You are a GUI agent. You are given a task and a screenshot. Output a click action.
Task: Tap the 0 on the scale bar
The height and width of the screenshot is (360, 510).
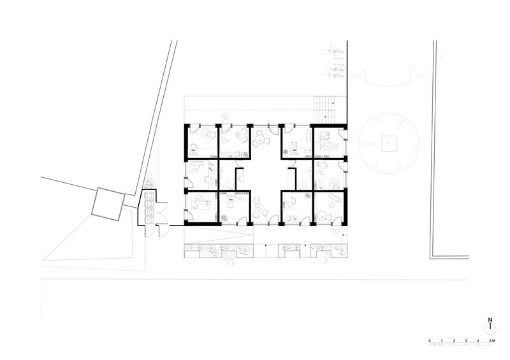point(429,341)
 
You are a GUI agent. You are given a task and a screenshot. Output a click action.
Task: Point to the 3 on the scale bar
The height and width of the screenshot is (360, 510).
point(466,341)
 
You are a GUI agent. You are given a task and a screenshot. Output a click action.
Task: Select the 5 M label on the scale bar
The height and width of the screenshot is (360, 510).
point(492,341)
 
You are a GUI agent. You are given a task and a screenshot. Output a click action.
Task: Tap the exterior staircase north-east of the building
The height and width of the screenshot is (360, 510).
point(324,108)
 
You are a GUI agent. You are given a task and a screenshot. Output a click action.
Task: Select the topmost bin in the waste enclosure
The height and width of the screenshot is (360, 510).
point(149,196)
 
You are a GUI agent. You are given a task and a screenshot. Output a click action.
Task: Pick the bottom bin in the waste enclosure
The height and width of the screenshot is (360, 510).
point(149,220)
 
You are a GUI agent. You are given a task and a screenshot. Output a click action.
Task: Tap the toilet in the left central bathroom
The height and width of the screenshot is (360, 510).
point(230,184)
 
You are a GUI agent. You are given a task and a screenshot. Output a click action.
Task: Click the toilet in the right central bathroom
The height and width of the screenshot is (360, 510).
point(302,184)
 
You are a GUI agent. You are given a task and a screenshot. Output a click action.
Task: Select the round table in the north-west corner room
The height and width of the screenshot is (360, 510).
point(206,133)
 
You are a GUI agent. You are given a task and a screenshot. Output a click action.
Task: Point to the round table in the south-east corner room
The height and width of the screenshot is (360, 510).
point(323,216)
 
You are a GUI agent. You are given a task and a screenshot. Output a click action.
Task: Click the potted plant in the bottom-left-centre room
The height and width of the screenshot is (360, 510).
point(224,218)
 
